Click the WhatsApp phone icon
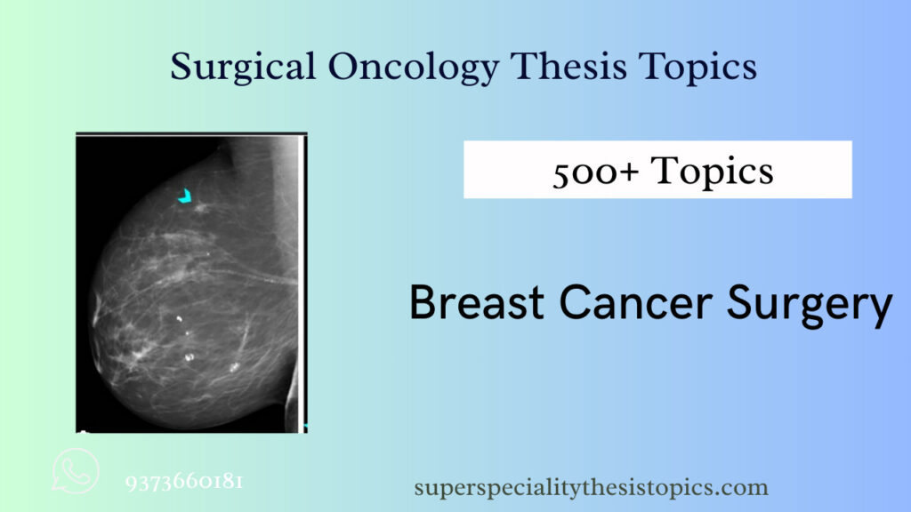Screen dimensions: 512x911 tap(76, 470)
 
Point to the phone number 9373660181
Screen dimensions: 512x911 tap(185, 483)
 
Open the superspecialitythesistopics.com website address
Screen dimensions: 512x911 tap(591, 488)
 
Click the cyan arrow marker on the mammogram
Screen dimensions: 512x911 tap(184, 196)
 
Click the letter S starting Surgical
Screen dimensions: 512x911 tap(180, 67)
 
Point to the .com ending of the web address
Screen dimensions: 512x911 tap(746, 488)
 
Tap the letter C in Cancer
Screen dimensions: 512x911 tap(574, 304)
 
